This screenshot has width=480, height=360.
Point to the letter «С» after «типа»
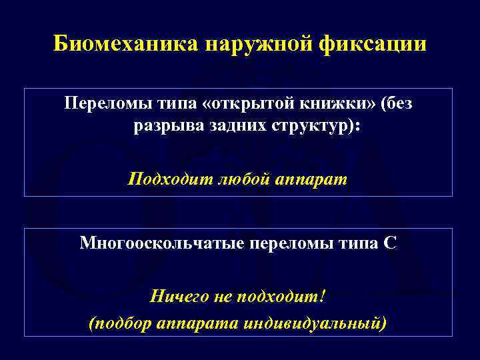391,243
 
